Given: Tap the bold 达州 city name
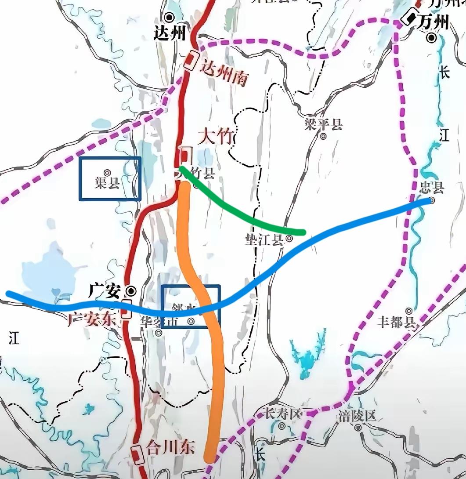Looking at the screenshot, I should coord(170,34).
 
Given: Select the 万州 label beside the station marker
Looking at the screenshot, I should coord(434,21).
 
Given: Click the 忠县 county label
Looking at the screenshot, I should coord(432,188).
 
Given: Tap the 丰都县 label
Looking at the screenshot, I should coord(397,323).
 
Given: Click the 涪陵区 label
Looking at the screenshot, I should coord(358,415).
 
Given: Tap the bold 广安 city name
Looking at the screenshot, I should coord(104,290).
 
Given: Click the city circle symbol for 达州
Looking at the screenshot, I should coord(169,17).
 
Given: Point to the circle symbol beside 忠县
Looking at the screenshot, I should coord(432,200).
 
